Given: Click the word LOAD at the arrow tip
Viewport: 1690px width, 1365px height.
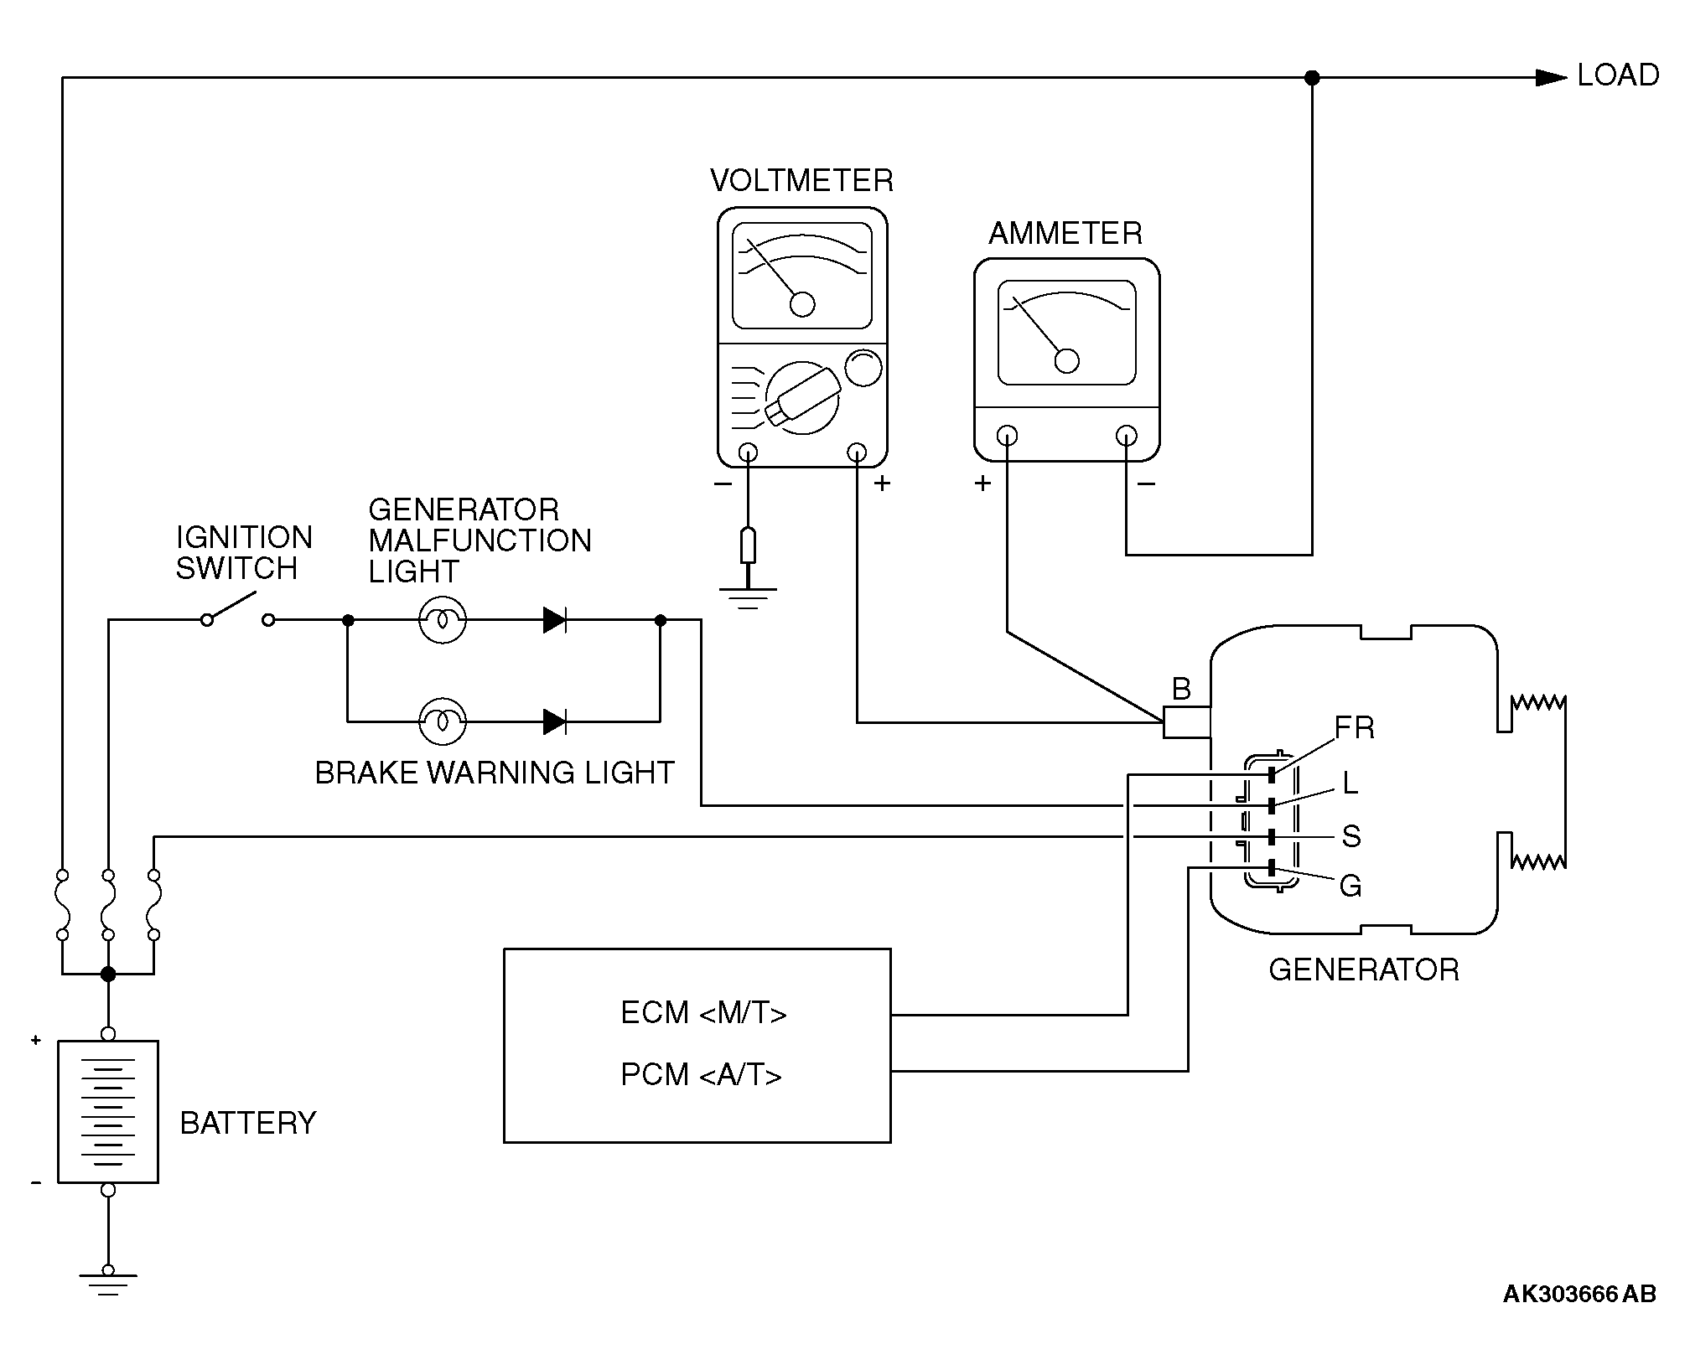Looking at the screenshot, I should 1617,75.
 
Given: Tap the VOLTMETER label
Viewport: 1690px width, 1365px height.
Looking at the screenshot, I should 801,181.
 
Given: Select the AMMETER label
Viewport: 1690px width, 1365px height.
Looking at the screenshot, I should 1065,233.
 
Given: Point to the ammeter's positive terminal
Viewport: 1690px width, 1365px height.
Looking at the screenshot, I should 1008,436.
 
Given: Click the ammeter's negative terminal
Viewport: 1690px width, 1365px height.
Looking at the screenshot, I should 1126,436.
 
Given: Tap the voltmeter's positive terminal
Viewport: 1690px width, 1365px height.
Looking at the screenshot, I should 857,453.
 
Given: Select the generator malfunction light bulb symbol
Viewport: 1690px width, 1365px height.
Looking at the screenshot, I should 442,620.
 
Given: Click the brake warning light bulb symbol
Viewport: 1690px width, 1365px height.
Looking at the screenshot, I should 442,721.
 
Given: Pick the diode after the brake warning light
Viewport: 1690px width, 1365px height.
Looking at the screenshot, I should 555,721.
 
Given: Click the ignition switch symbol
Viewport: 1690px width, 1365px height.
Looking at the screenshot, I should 238,612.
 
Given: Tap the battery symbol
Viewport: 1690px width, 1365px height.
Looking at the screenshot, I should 107,1111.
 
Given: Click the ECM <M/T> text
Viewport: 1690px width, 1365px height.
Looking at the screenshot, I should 703,1013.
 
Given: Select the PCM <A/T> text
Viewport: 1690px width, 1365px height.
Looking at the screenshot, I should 701,1074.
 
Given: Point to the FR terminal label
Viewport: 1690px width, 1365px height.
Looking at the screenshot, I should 1354,727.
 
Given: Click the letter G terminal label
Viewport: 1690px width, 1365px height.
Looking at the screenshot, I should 1350,886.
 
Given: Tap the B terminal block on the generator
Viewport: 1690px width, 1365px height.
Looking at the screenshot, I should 1186,722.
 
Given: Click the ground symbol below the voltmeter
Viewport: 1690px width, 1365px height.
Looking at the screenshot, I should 748,595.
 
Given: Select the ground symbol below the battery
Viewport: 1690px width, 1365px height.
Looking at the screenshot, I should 107,1280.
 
